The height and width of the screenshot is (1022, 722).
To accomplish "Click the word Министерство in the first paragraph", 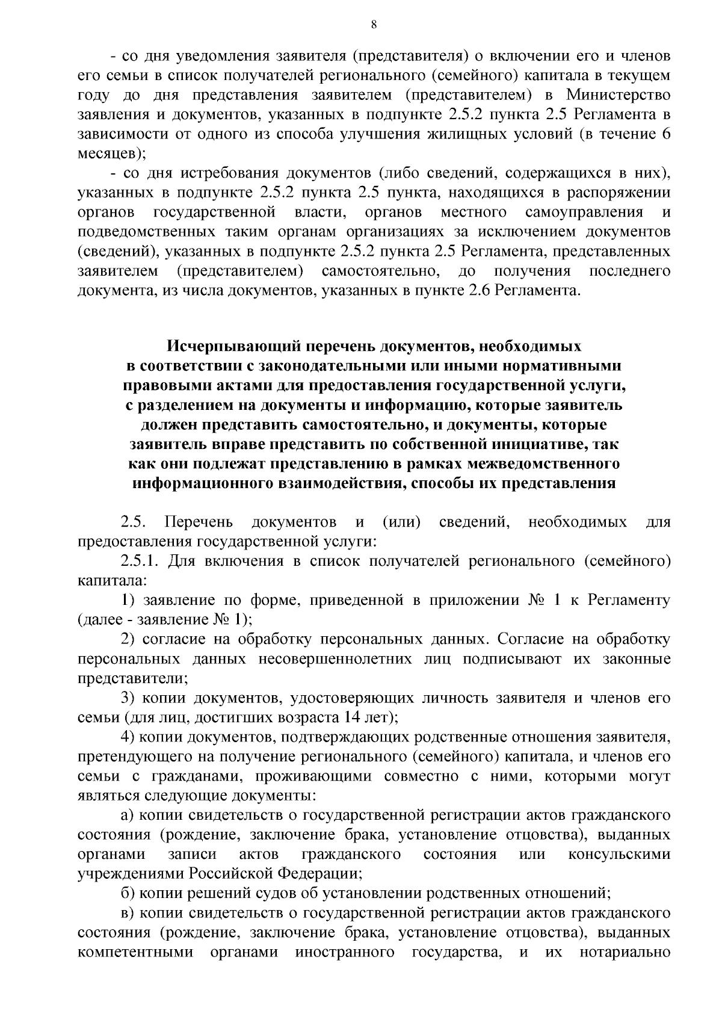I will point(619,95).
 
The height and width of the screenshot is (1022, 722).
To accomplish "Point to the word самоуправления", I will point(584,212).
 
